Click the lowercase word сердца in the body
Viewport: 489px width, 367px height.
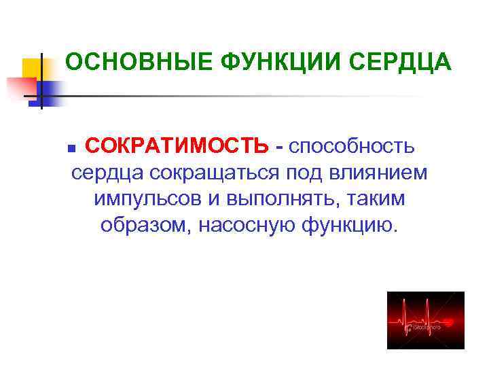pos(106,173)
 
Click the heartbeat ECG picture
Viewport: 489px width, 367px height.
pos(426,321)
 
